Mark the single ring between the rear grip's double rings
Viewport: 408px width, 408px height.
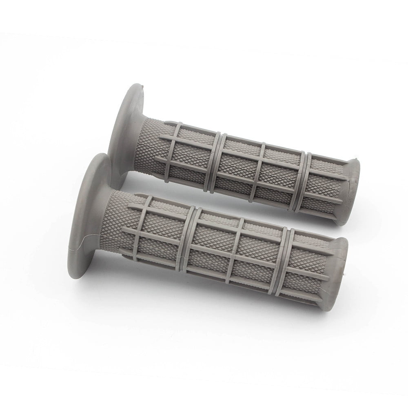point(262,171)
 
